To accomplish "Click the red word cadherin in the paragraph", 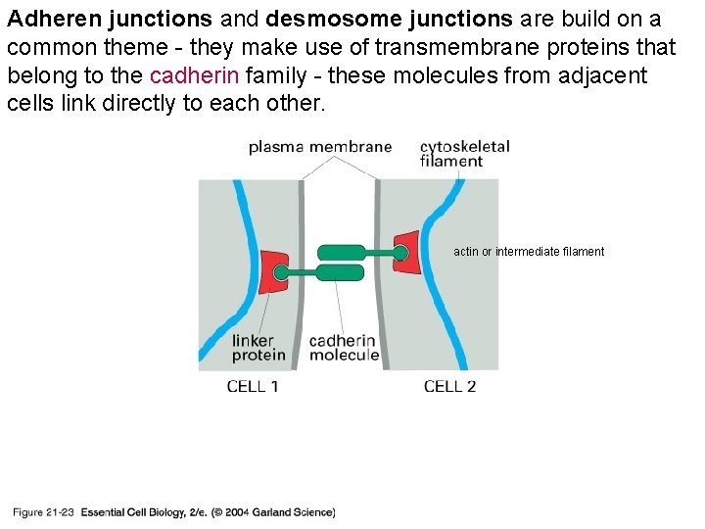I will (194, 76).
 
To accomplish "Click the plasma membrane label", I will (320, 148).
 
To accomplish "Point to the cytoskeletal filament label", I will (464, 154).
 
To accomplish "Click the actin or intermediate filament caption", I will (529, 252).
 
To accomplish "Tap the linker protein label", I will (258, 348).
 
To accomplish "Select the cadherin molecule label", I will (344, 348).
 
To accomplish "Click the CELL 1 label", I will (253, 387).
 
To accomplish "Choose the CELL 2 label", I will (449, 387).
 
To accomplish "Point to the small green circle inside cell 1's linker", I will (280, 273).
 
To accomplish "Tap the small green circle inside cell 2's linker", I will (399, 253).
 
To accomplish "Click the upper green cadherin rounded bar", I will (342, 253).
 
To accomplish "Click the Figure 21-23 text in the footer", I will (43, 512).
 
